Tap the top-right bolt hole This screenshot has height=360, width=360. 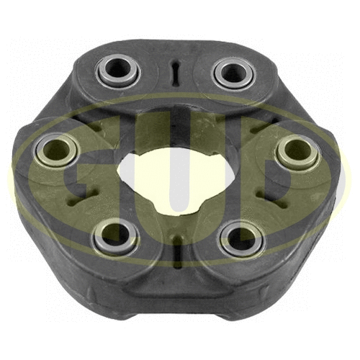pyautogui.click(x=232, y=71)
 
